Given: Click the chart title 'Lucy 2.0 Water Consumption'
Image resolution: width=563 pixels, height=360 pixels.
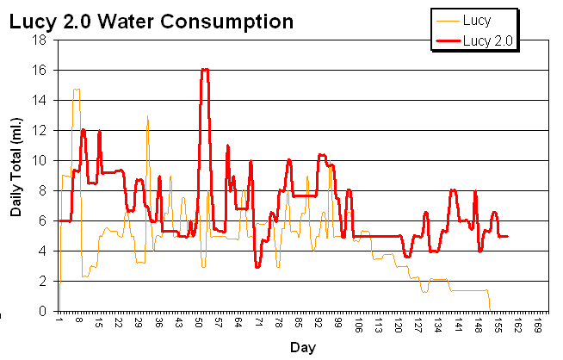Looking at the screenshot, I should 151,21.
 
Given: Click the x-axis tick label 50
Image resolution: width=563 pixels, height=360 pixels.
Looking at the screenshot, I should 198,324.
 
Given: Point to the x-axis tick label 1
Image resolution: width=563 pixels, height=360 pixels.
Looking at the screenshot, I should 59,324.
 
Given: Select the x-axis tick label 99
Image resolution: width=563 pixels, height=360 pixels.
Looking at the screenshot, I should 338,324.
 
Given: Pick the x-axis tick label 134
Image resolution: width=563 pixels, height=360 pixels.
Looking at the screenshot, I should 438,324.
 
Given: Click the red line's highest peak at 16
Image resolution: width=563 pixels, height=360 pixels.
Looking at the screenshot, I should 205,69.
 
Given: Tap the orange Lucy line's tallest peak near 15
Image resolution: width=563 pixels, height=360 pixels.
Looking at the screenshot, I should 77,89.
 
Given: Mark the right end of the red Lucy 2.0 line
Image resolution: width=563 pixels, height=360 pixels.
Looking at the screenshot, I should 508,236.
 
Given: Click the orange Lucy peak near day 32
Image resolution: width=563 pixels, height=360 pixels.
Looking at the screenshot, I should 147,116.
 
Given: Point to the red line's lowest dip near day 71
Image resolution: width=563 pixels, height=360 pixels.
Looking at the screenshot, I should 257,267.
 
